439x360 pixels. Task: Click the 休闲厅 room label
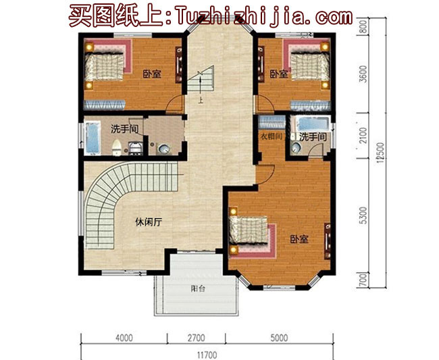(147, 222)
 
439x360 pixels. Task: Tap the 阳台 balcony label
(198, 288)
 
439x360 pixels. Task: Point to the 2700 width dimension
(196, 338)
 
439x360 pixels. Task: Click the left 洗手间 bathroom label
(125, 128)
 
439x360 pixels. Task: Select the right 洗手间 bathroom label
(313, 137)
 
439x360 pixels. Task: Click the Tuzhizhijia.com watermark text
(263, 16)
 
